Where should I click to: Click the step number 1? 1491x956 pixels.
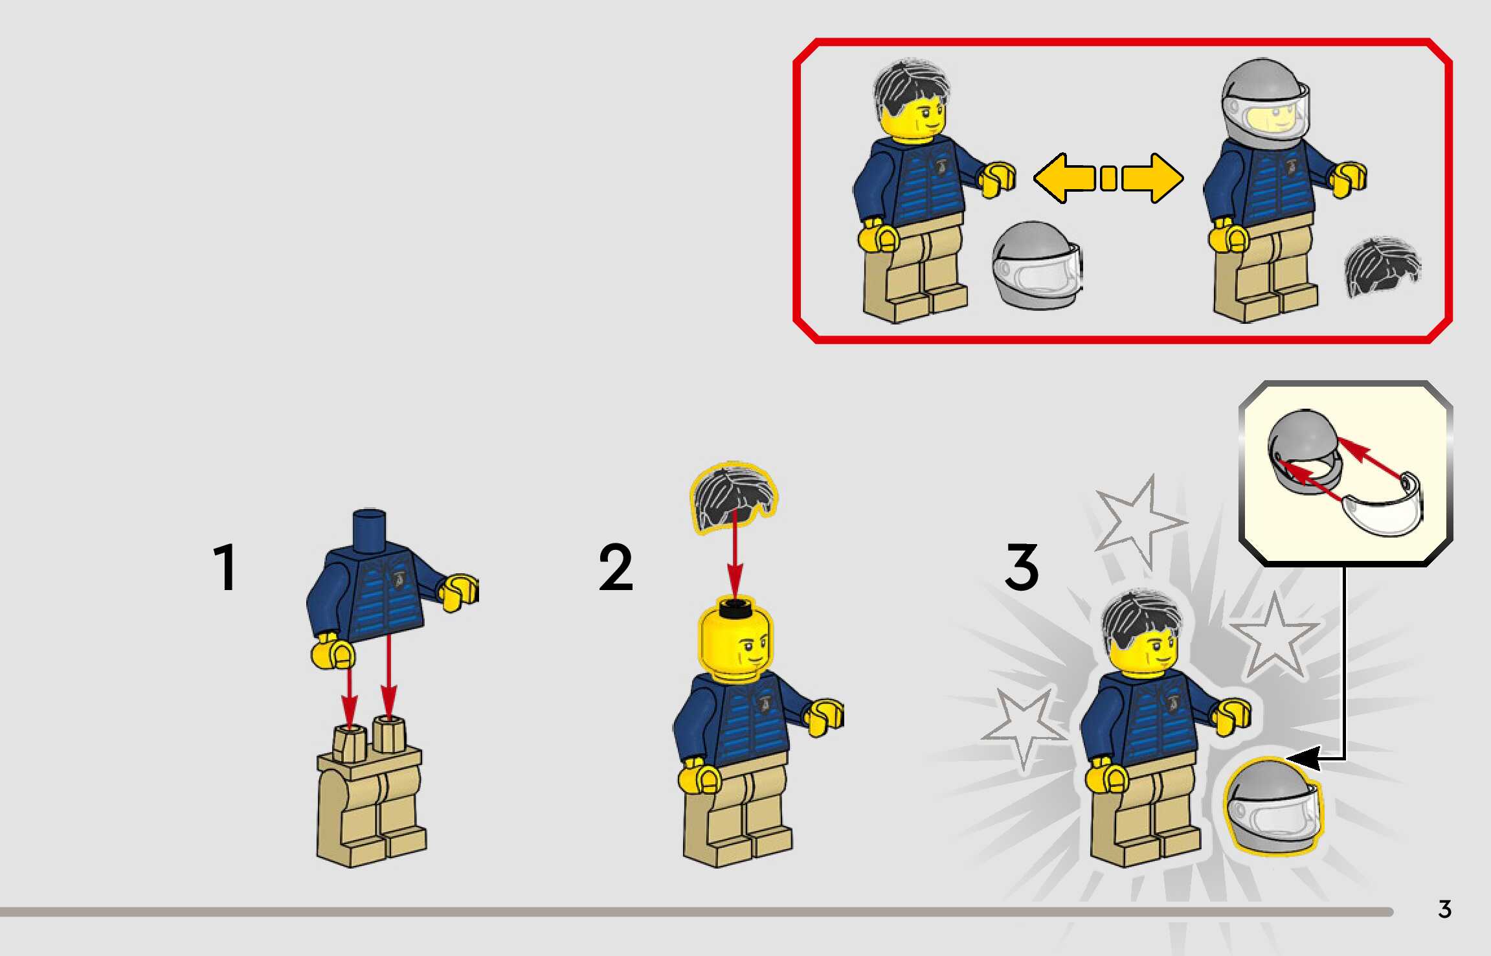(x=225, y=567)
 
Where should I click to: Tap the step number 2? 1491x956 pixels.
(x=616, y=567)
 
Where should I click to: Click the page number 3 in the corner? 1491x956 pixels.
(x=1444, y=909)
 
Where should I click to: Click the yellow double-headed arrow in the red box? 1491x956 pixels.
(x=1108, y=178)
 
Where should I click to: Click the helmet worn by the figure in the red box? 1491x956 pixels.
(x=1266, y=104)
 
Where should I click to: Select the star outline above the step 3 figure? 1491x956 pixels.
(x=1139, y=522)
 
